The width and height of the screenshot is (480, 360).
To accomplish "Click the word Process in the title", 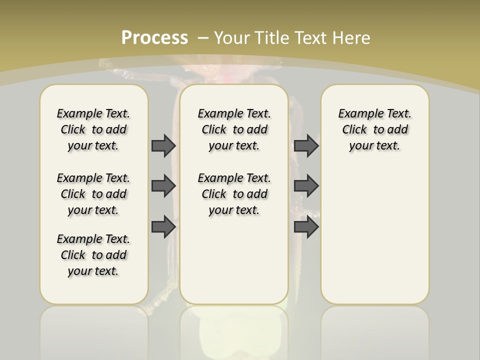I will click(x=154, y=38).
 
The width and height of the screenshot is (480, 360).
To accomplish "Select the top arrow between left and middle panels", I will click(x=163, y=145).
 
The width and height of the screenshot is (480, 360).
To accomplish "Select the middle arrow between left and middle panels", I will click(x=163, y=186).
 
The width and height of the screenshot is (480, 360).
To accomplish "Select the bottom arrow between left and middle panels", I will click(x=163, y=227).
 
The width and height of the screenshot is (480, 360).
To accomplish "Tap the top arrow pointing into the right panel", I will click(x=306, y=145).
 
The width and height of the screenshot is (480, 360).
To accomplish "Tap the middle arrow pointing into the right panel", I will click(x=306, y=186).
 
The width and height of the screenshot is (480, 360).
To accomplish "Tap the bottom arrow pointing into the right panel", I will click(x=306, y=227).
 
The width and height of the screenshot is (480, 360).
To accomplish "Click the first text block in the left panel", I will click(x=93, y=129).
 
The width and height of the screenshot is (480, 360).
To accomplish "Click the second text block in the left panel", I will click(x=93, y=194).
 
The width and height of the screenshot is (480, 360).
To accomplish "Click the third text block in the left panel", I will click(x=93, y=255).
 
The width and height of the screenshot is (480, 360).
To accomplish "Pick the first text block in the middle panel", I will click(x=234, y=129).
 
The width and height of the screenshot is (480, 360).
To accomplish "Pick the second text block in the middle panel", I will click(x=234, y=194).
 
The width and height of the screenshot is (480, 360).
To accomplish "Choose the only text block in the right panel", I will click(x=374, y=129).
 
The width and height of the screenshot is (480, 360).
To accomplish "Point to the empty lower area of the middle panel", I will click(x=234, y=260).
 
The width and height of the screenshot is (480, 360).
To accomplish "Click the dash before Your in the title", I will click(x=203, y=38).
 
